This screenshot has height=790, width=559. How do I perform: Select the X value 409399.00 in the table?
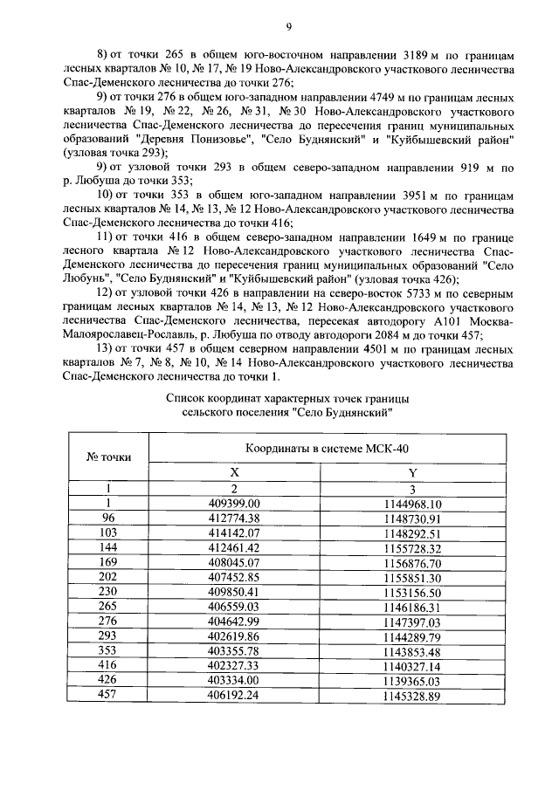(234, 504)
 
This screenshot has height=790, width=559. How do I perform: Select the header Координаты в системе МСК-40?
(323, 447)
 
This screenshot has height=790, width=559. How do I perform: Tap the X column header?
(234, 471)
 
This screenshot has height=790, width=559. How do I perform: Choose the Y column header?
(413, 471)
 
